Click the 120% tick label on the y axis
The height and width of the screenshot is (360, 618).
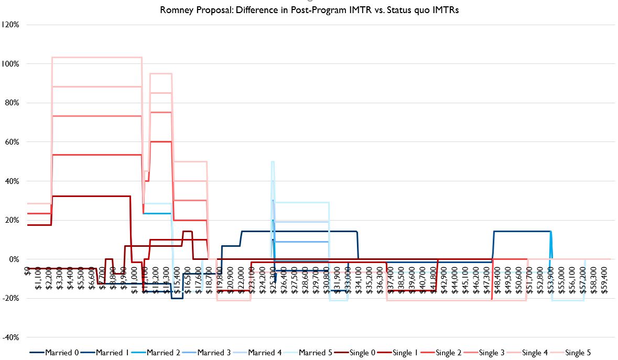10,25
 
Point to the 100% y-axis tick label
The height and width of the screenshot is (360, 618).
10,64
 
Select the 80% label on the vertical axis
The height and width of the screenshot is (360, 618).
12,103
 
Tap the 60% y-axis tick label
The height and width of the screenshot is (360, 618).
12,142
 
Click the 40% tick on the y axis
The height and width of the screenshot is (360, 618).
12,181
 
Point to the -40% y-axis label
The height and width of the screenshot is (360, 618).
11,337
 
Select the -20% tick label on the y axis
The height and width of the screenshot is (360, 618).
11,299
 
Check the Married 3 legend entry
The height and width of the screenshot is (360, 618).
214,353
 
